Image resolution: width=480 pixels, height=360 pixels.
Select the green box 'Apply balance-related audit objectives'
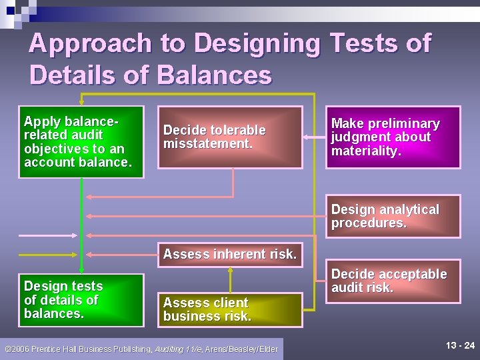point(81,142)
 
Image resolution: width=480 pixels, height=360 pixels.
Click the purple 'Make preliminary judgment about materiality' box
point(393,137)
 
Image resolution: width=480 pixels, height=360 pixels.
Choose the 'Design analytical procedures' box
point(393,216)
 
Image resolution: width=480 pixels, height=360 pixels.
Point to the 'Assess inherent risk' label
point(230,254)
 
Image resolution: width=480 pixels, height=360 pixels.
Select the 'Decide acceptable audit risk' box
point(393,281)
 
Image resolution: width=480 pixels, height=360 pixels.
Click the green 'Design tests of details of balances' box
point(81,300)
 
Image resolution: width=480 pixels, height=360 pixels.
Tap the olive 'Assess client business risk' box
point(230,310)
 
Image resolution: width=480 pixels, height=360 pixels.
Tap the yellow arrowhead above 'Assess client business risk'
point(230,271)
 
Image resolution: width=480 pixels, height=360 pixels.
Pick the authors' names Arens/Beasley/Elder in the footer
point(241,349)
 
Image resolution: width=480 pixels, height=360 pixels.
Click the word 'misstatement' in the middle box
point(208,143)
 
